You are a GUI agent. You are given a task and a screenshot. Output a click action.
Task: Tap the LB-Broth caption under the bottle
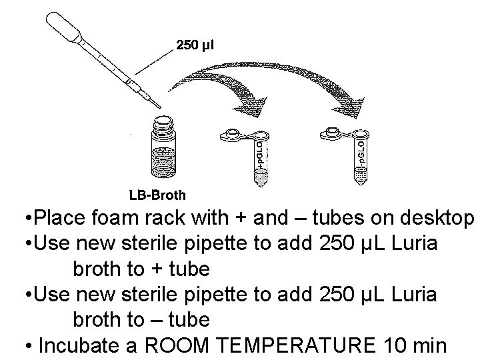157,195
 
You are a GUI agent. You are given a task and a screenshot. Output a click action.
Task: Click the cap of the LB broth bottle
162,124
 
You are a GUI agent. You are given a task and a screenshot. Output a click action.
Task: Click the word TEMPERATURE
302,345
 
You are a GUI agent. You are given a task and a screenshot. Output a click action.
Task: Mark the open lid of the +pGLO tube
233,134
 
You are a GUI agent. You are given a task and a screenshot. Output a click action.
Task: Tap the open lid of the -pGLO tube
333,133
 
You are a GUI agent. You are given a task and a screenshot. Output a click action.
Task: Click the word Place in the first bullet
58,218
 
